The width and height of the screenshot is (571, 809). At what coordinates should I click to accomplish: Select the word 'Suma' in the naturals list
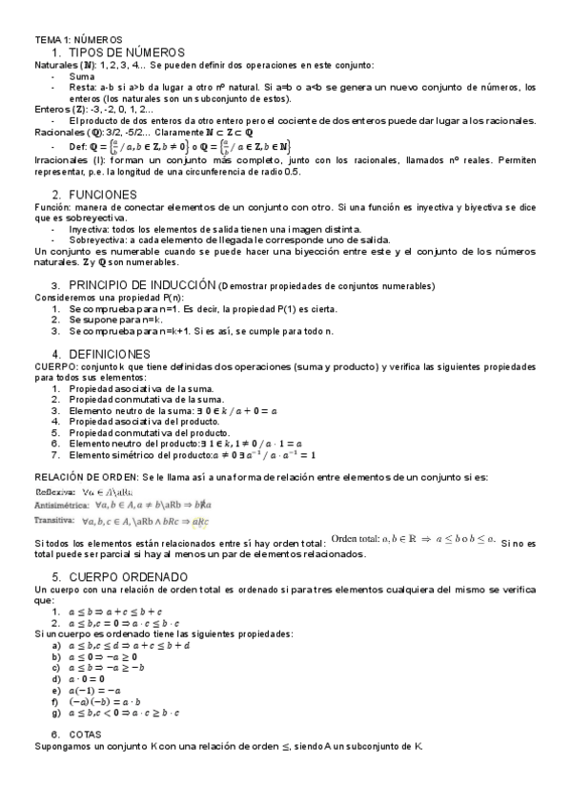coord(82,75)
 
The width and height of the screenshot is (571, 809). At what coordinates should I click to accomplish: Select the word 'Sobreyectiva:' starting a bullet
coord(99,240)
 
